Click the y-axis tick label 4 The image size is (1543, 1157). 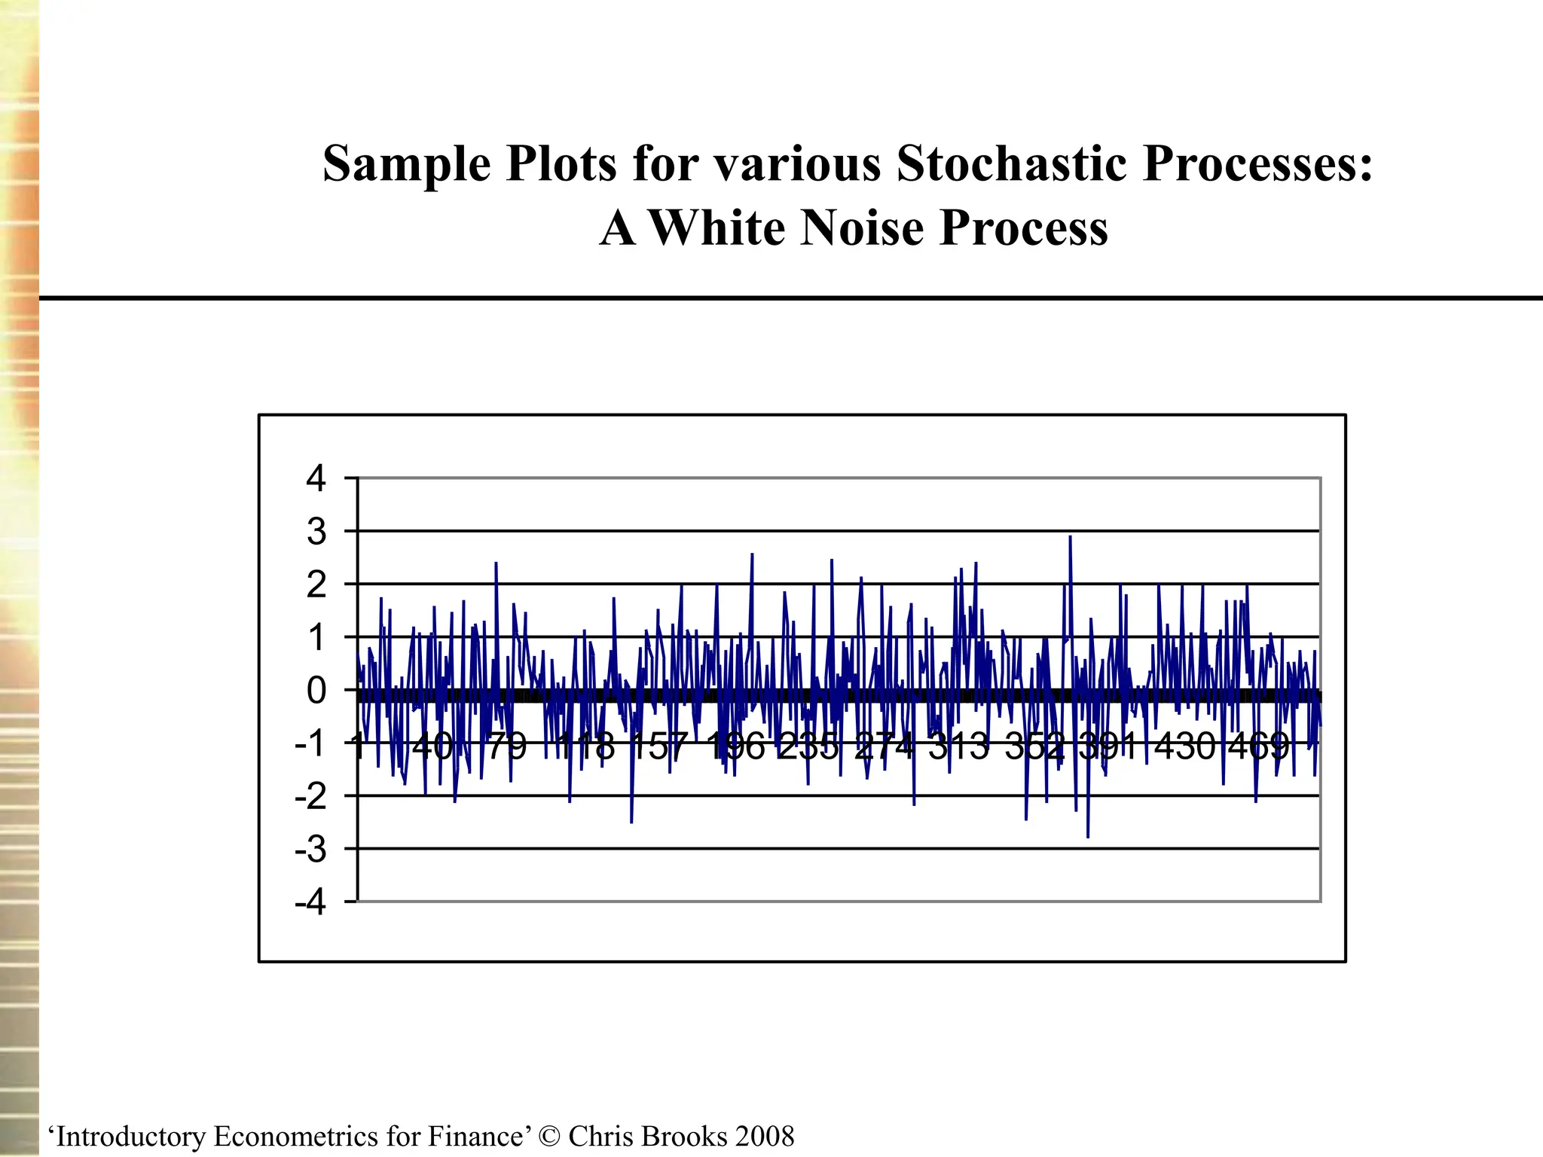316,479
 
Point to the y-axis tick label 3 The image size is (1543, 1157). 316,533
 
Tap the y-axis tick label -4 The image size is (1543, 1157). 310,902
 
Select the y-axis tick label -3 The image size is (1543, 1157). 310,850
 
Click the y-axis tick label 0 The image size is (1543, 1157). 316,691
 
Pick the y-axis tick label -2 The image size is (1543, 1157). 310,797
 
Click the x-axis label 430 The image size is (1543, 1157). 1185,746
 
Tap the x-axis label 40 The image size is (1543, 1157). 432,746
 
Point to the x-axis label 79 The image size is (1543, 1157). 506,746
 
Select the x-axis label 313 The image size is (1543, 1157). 958,746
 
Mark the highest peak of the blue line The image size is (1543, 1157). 1070,537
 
